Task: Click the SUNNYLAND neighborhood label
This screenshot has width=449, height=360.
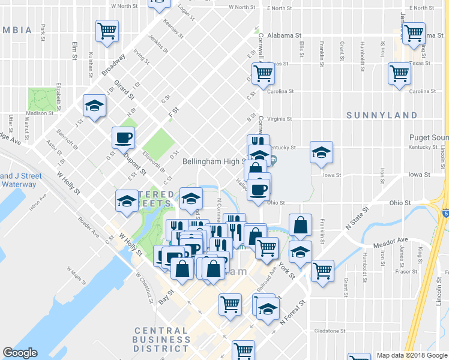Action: (382, 115)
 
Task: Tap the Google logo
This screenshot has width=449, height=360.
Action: (20, 352)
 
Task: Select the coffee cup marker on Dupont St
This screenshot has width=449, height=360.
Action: (123, 138)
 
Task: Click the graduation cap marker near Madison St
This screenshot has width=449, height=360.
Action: (94, 106)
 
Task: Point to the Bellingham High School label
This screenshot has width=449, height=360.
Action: (207, 161)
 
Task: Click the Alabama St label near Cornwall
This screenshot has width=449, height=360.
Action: (283, 35)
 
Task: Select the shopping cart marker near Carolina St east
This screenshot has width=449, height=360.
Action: (399, 74)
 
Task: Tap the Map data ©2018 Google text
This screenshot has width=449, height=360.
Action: (411, 355)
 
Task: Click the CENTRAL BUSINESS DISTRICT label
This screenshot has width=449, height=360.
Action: (161, 340)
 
